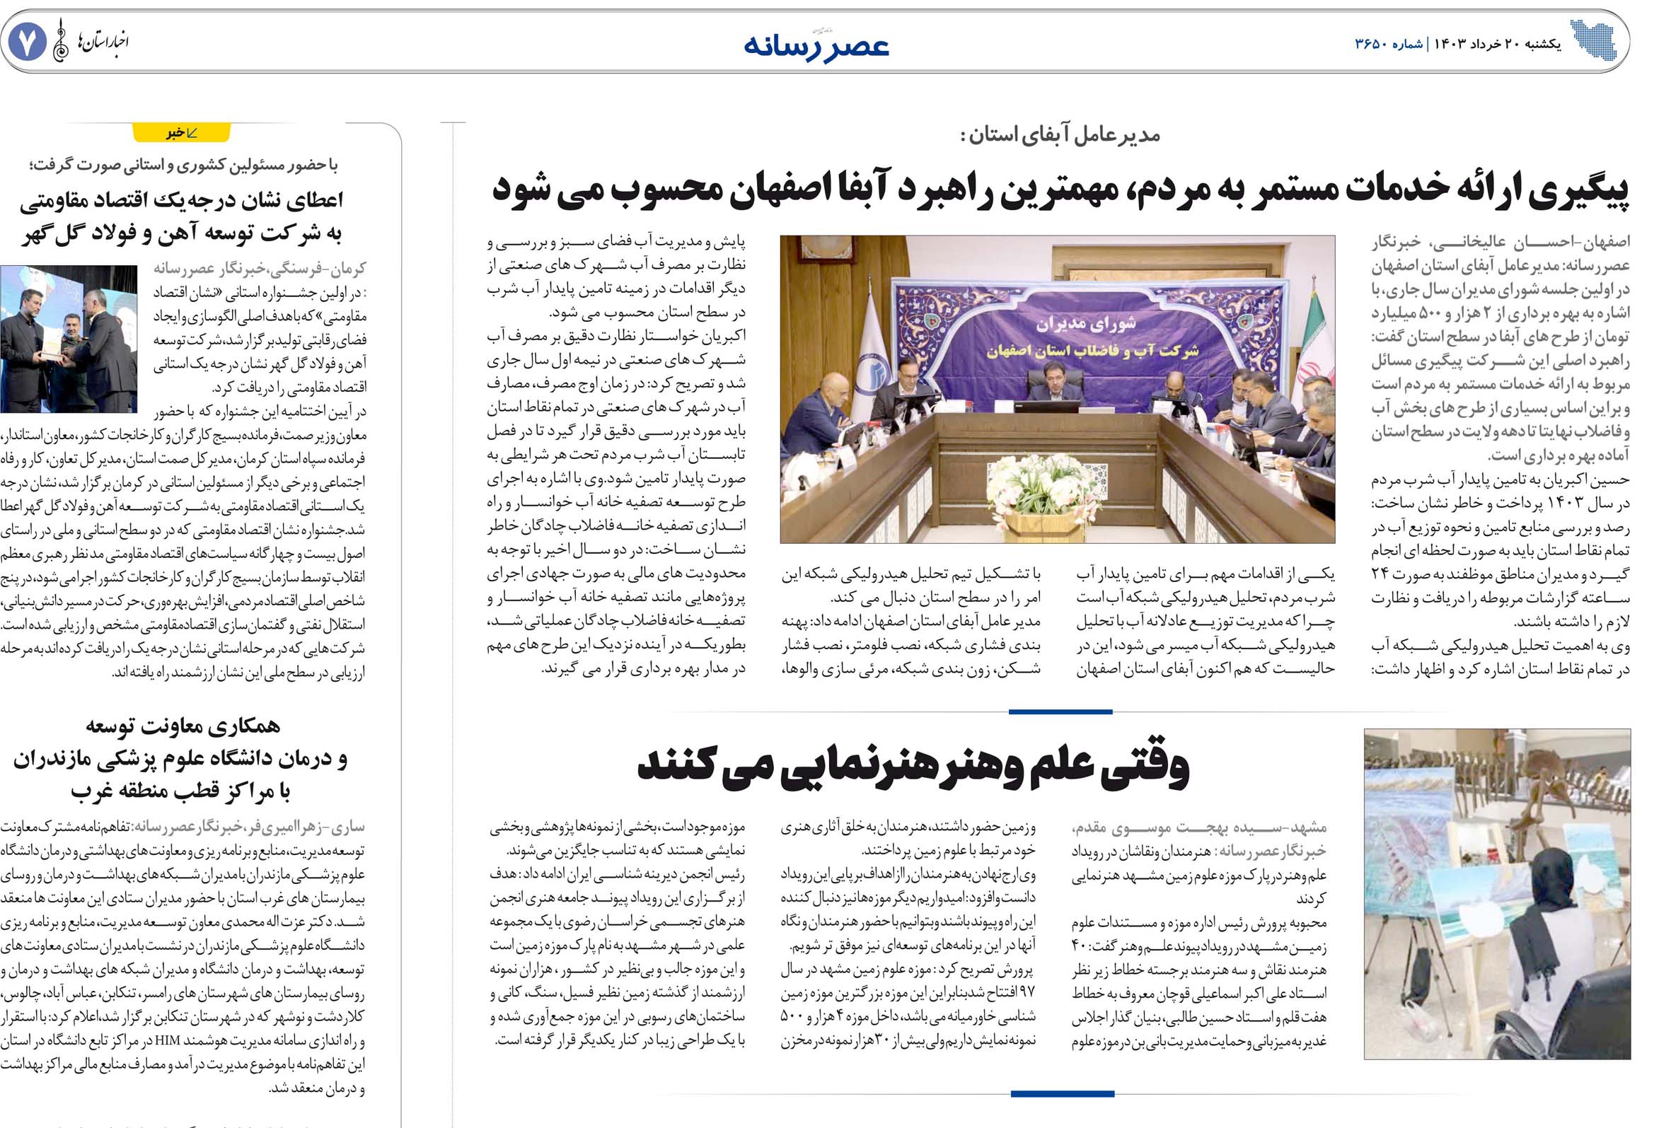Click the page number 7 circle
pos(27,42)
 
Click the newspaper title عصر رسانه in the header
pos(816,45)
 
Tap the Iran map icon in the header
pos(1593,40)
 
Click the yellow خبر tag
pos(181,133)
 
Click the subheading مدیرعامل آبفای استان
pos(1060,134)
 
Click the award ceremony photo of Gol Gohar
pos(69,339)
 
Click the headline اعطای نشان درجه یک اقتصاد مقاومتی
pos(181,216)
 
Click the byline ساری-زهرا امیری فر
pos(316,827)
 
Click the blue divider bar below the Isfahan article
pos(1060,711)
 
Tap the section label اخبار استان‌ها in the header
pos(105,42)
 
